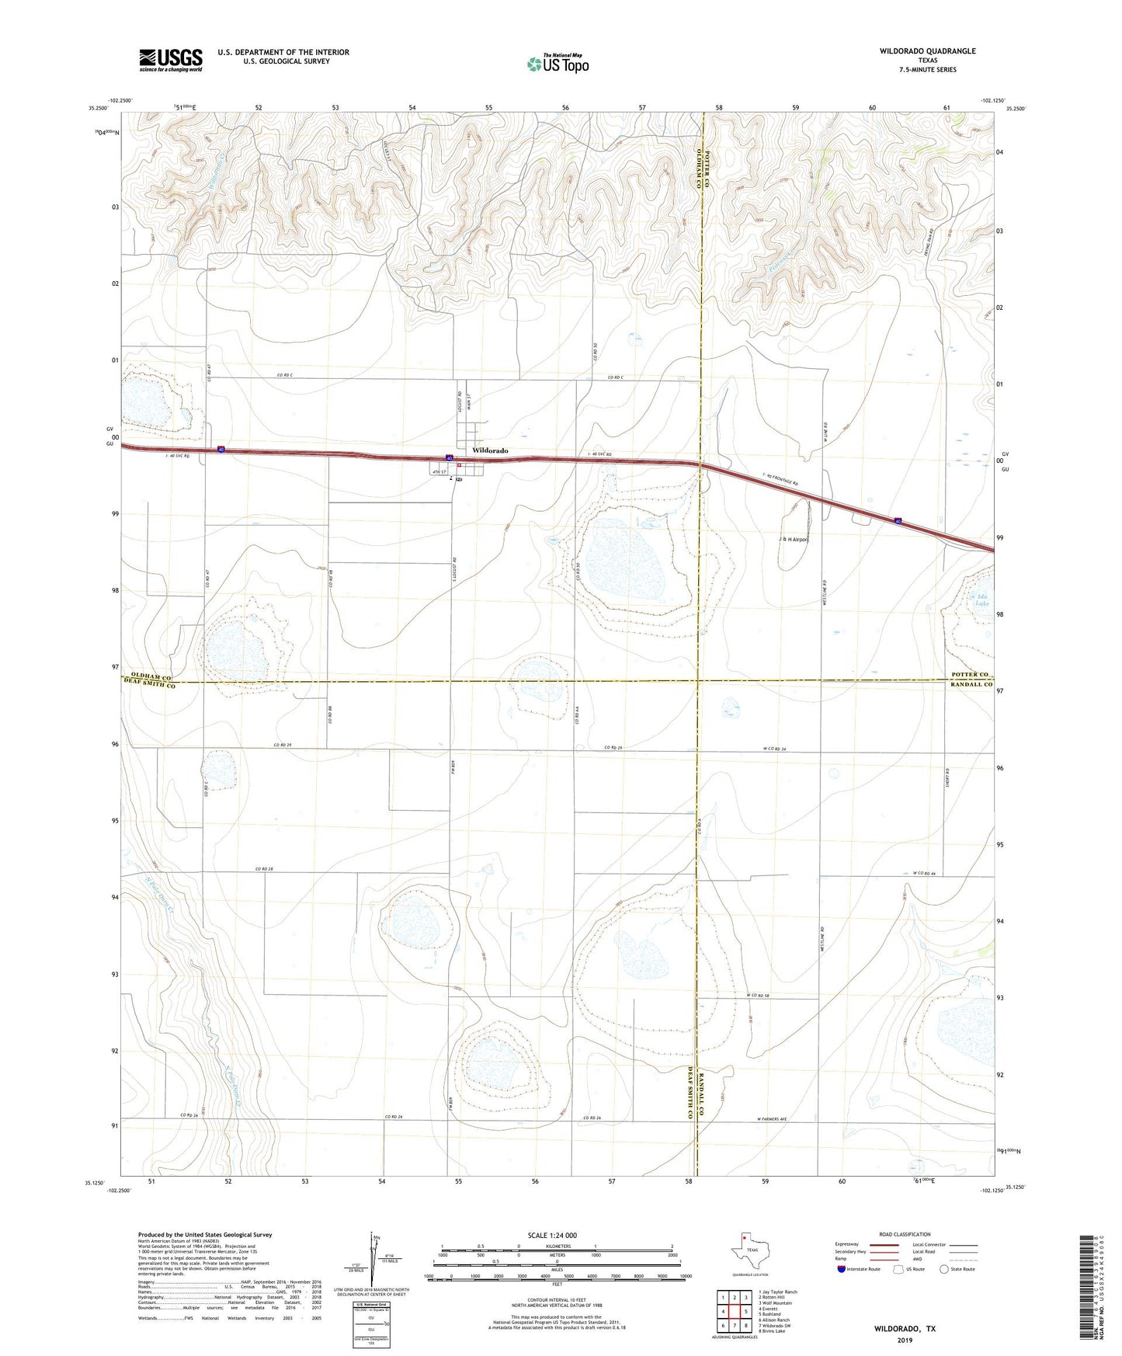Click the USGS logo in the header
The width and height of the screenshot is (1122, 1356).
171,60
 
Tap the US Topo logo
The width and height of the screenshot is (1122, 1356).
558,64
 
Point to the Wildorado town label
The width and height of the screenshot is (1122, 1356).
490,450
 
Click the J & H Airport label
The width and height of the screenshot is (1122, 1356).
793,539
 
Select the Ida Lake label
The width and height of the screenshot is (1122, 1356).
982,600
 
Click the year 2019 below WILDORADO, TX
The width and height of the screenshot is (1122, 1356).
904,1340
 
